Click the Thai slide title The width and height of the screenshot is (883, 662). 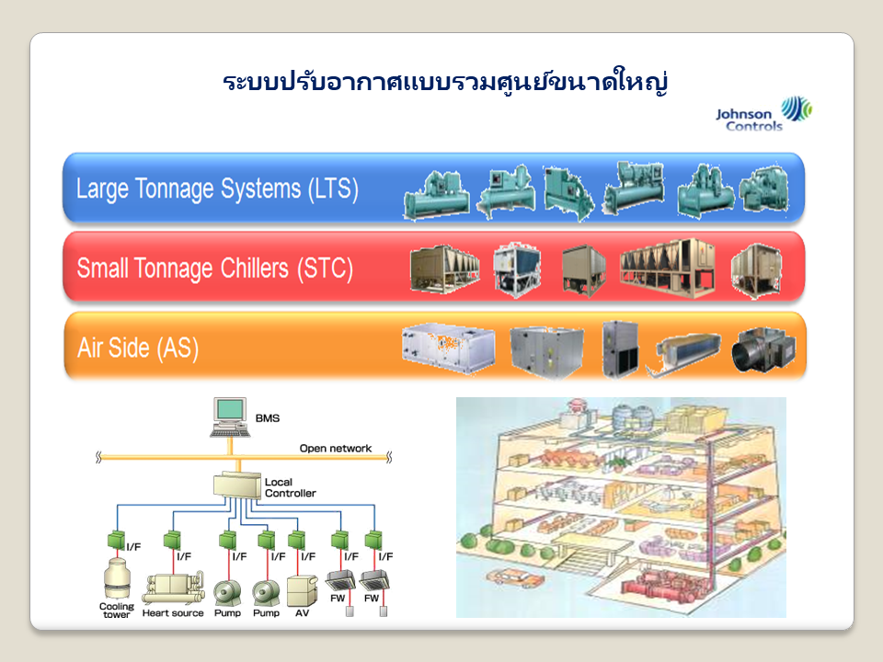point(444,82)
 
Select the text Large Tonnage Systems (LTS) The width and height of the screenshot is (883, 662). point(217,189)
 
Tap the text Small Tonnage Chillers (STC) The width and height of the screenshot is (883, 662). point(214,269)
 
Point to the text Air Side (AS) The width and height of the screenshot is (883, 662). point(138,348)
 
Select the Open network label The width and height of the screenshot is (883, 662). point(336,449)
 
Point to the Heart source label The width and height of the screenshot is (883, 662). point(173,613)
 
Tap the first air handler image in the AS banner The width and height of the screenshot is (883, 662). point(448,348)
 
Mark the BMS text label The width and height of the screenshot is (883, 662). point(267,418)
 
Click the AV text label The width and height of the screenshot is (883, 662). point(302,613)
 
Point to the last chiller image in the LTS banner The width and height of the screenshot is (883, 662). point(763,191)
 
